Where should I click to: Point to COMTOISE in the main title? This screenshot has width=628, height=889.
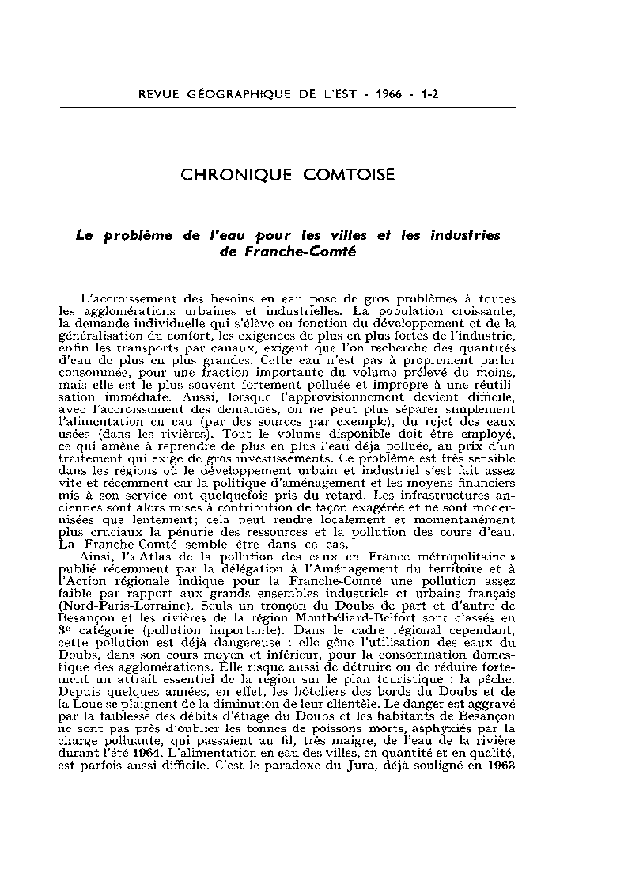tap(348, 175)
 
